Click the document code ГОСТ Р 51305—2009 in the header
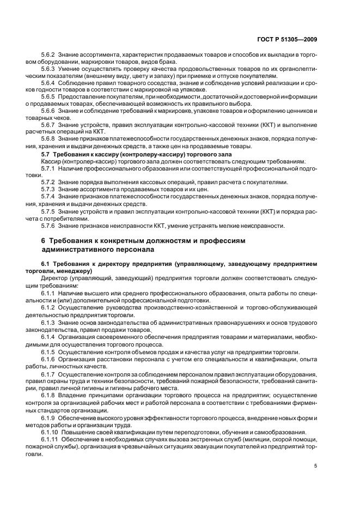(287, 39)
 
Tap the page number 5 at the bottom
(315, 465)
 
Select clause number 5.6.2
(49, 55)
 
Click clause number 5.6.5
(49, 96)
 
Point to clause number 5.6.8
(49, 138)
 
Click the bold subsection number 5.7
(46, 155)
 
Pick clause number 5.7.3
(49, 188)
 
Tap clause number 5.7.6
(49, 226)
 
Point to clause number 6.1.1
(49, 293)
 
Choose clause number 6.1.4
(49, 337)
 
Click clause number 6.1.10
(51, 432)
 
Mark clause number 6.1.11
(51, 439)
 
